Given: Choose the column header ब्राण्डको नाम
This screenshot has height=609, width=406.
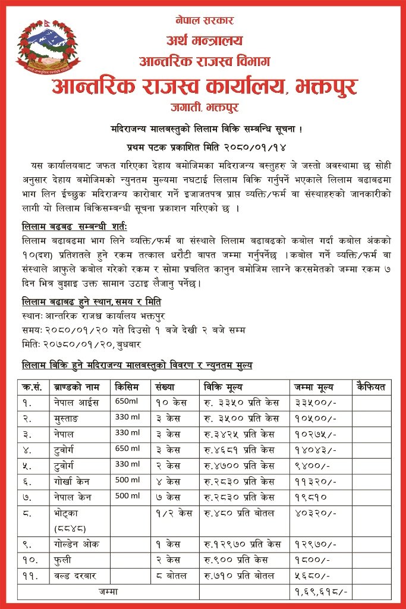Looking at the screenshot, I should pos(77,387).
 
